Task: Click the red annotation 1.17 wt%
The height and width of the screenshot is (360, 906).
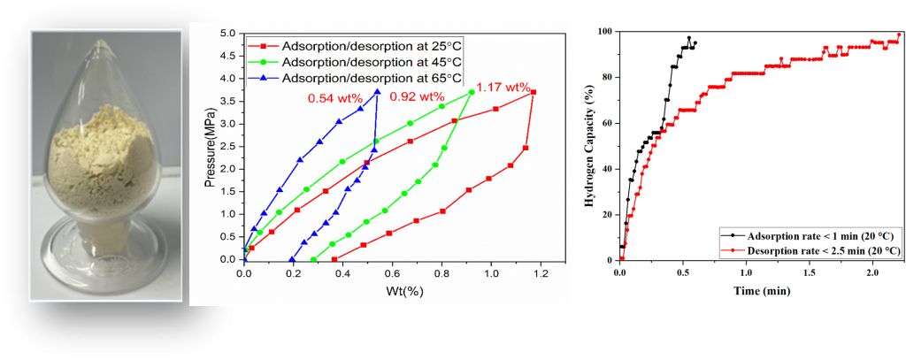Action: (503, 88)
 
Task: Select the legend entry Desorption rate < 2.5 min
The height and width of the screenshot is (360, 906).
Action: (811, 251)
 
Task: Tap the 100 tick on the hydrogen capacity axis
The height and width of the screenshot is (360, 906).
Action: (605, 31)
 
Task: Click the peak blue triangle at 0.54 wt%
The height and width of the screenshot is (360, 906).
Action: (378, 92)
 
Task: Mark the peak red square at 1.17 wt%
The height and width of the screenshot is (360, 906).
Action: (534, 92)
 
